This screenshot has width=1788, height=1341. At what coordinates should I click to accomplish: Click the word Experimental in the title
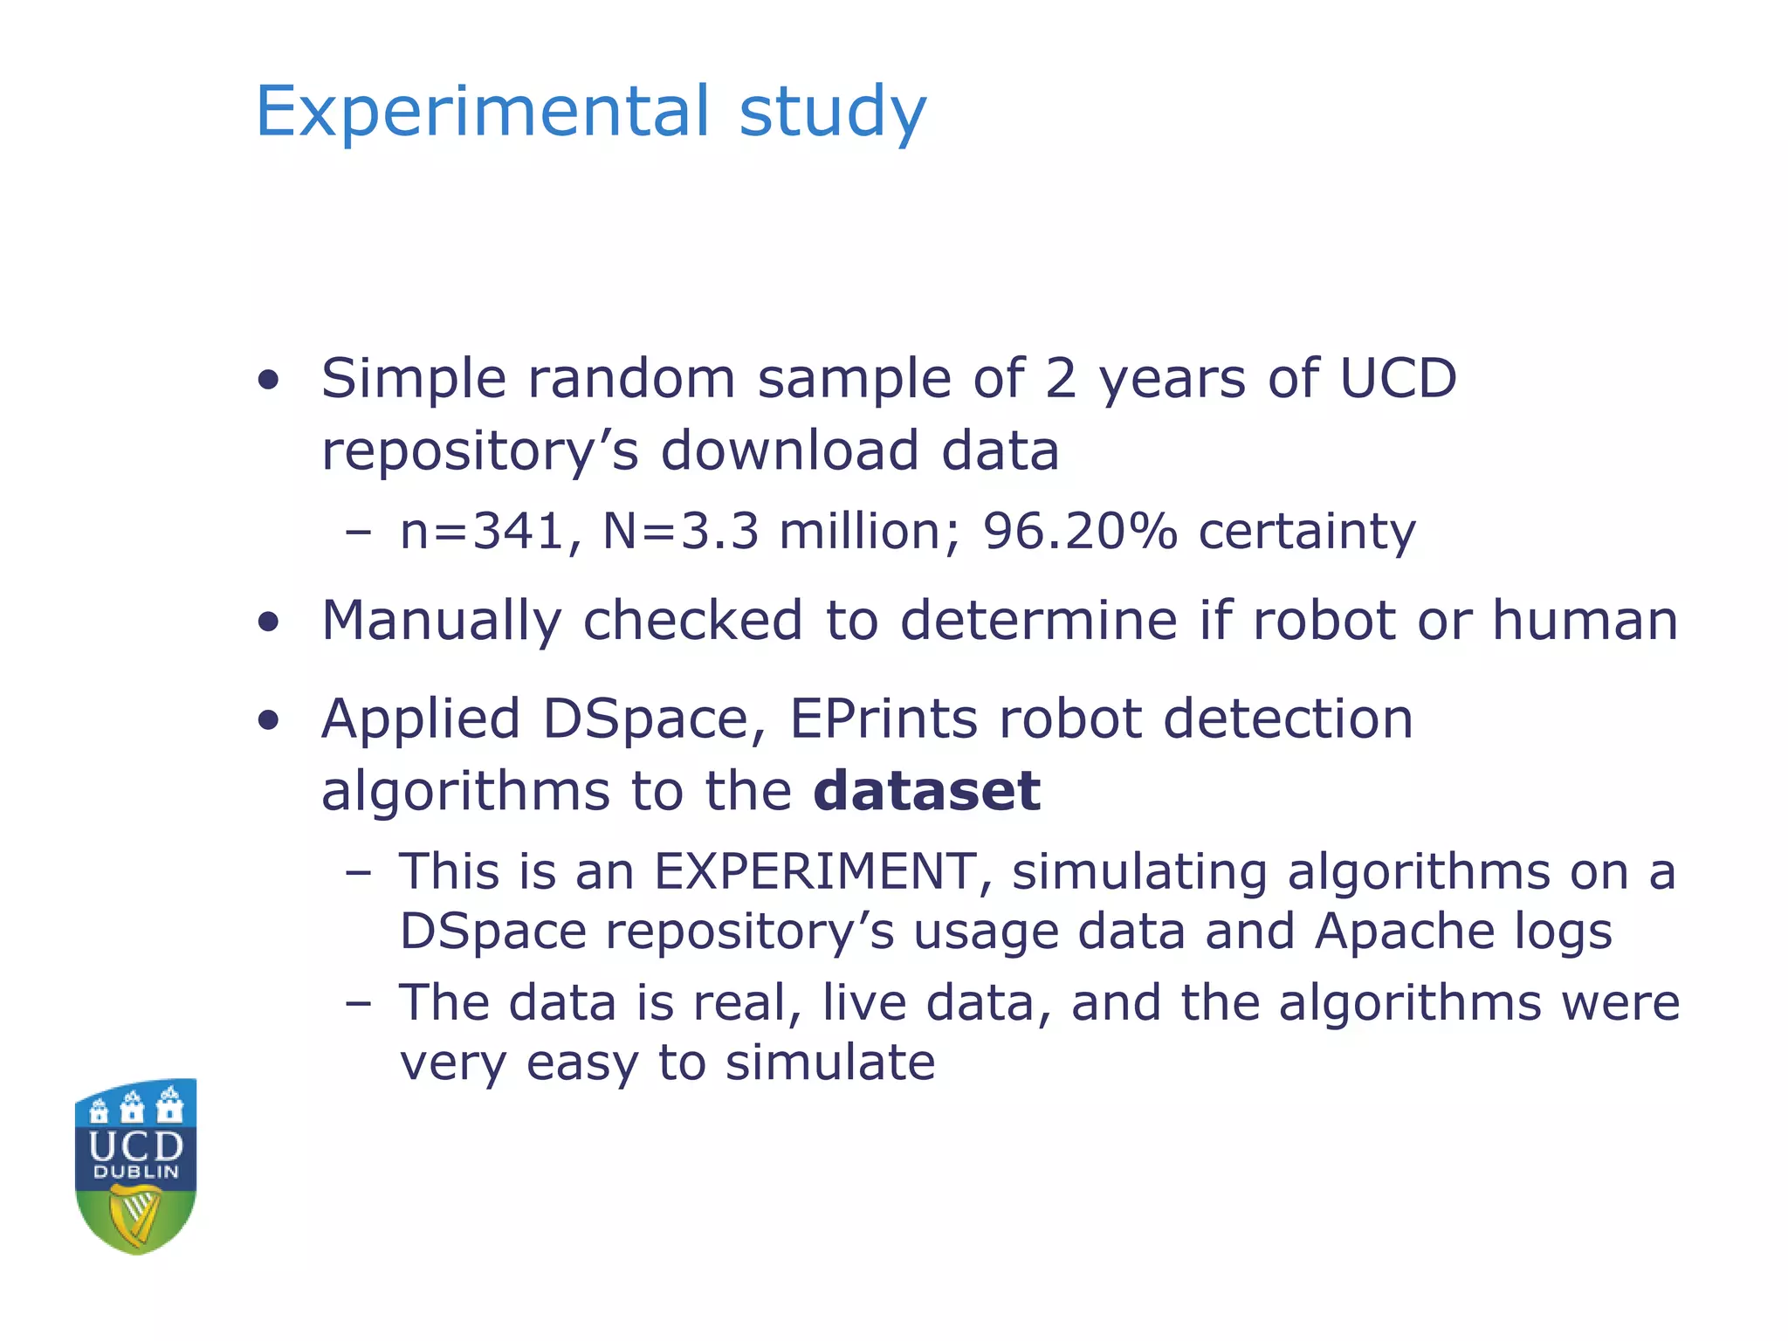click(483, 111)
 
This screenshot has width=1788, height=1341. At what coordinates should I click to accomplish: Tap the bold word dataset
click(926, 790)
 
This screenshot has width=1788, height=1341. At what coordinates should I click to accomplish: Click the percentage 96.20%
click(1080, 531)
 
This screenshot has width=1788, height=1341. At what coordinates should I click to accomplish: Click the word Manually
click(441, 621)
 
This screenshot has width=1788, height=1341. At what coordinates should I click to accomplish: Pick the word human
click(1585, 620)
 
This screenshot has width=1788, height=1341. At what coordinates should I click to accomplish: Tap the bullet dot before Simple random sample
click(269, 380)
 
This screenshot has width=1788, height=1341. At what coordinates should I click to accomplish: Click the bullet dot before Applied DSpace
click(269, 720)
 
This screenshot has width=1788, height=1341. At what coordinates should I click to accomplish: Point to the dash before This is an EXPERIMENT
click(358, 872)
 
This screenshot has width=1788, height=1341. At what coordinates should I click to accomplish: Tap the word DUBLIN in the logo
click(136, 1172)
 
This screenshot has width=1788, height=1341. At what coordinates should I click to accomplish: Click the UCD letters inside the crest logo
click(136, 1145)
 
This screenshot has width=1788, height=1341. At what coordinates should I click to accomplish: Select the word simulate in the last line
click(830, 1062)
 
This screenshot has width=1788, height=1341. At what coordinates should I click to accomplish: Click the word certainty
click(1306, 531)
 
